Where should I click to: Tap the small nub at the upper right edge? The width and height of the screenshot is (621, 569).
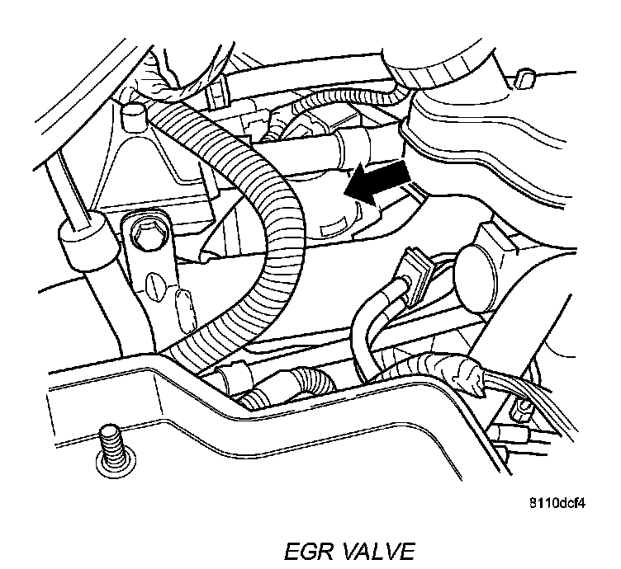[x=522, y=81]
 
